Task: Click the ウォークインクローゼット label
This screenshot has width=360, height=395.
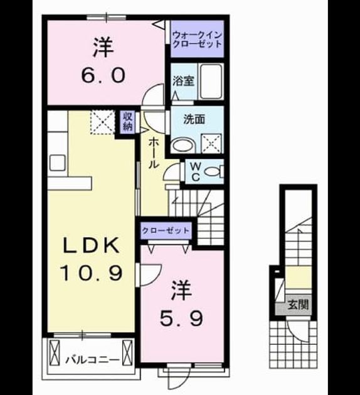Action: click(197, 39)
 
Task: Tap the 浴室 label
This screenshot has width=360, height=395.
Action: click(183, 81)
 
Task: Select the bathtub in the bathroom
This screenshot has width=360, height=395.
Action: click(211, 81)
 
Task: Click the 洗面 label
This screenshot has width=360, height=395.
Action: click(194, 119)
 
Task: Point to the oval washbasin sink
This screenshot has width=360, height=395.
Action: click(183, 146)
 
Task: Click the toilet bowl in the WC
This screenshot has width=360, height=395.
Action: click(211, 172)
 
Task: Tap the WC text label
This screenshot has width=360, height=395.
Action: click(196, 172)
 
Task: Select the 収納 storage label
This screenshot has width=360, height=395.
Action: click(127, 122)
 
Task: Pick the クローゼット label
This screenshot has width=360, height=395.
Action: click(166, 230)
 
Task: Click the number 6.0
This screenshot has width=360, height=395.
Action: click(103, 76)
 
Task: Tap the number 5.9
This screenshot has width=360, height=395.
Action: click(181, 319)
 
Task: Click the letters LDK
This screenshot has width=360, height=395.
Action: click(91, 246)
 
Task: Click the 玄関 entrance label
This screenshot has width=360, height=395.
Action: click(298, 305)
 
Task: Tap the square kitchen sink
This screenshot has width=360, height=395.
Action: click(58, 163)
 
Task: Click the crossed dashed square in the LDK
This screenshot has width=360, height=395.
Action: click(103, 122)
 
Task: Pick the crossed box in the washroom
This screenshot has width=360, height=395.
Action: click(211, 144)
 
